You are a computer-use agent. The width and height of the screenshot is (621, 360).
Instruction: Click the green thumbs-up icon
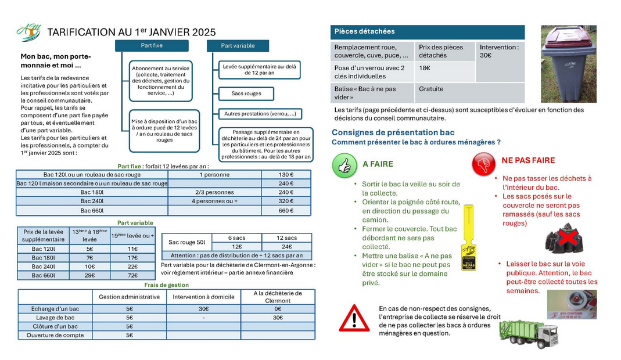pos(344,165)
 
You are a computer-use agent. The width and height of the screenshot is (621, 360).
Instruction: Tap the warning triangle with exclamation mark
pos(354,317)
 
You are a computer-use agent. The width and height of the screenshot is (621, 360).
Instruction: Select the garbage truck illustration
pos(527,333)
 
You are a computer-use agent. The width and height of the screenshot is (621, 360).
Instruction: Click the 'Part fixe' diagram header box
pos(152,45)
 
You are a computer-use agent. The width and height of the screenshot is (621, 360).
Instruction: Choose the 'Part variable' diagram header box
pos(238,45)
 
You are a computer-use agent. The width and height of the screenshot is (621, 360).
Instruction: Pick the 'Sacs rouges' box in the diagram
pos(246,93)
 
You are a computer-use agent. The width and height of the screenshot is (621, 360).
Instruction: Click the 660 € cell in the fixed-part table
pos(286,210)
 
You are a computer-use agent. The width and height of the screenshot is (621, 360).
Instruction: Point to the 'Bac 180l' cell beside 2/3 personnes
pos(92,192)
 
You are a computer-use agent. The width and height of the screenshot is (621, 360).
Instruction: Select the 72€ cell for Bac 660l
pos(132,275)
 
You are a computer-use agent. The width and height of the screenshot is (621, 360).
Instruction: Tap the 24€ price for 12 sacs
pos(286,246)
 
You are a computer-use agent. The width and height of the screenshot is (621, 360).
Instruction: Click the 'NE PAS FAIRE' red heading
pos(528,160)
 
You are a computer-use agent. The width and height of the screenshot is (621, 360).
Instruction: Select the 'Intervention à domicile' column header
pos(203,297)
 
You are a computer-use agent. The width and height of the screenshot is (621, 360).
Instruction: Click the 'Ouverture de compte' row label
pos(55,335)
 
